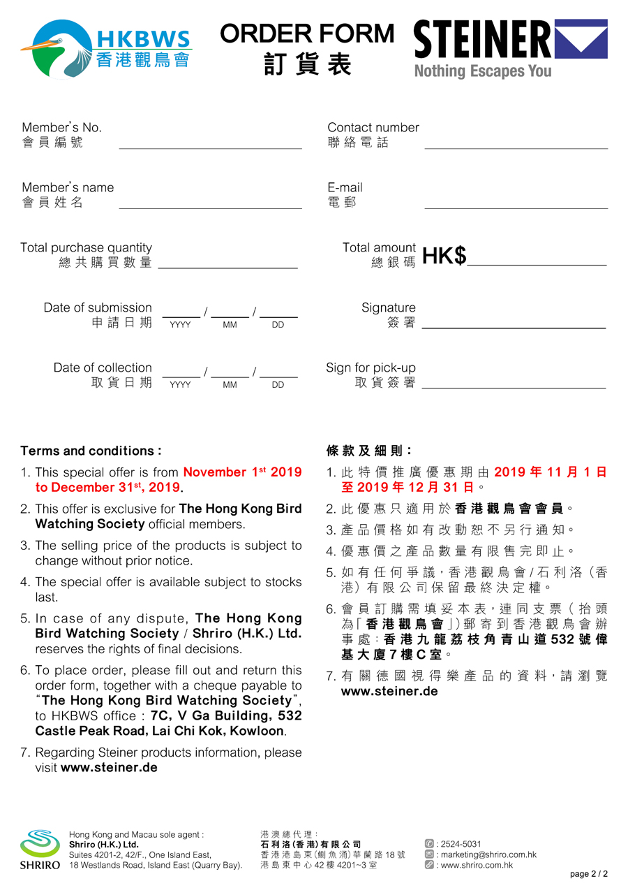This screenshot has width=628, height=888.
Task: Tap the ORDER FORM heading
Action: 307,34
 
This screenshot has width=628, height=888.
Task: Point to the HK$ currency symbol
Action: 444,256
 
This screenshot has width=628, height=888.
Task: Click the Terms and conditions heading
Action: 91,451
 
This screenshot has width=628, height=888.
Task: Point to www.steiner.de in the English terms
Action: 109,767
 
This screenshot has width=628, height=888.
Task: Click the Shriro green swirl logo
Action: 40,844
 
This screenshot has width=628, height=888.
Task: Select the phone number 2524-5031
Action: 461,844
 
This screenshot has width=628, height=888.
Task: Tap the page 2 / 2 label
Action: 588,873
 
